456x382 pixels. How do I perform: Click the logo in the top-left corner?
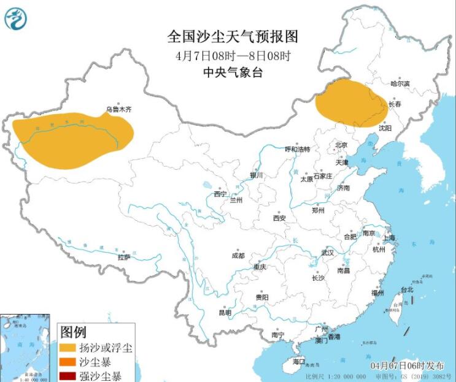coord(16,18)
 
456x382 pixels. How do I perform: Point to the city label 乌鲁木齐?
coord(118,109)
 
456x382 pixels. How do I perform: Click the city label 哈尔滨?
coord(400,83)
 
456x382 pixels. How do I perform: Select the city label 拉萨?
coord(124,257)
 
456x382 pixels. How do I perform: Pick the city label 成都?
coord(238,256)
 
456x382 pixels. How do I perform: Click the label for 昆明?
coord(225,313)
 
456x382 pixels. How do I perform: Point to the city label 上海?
coord(389,237)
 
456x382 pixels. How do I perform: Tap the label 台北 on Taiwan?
coord(407,289)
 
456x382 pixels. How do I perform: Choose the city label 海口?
coord(299,362)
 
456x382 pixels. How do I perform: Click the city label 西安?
coord(280,218)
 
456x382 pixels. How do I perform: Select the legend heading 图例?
coord(74,332)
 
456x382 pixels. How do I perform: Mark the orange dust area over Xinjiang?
coord(71,138)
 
